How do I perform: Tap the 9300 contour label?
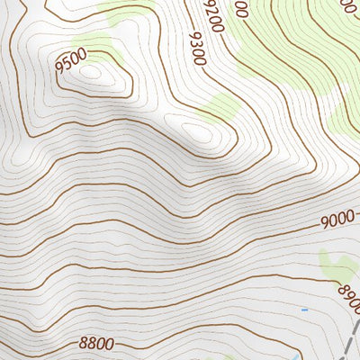tap(197, 49)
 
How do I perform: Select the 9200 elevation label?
tap(212, 13)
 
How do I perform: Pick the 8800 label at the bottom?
tap(96, 342)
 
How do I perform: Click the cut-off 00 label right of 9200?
tap(239, 9)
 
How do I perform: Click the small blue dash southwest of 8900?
tap(304, 310)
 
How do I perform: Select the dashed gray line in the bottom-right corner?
tap(351, 342)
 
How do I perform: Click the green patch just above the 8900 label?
tap(336, 265)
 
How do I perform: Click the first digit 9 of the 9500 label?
tap(59, 67)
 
